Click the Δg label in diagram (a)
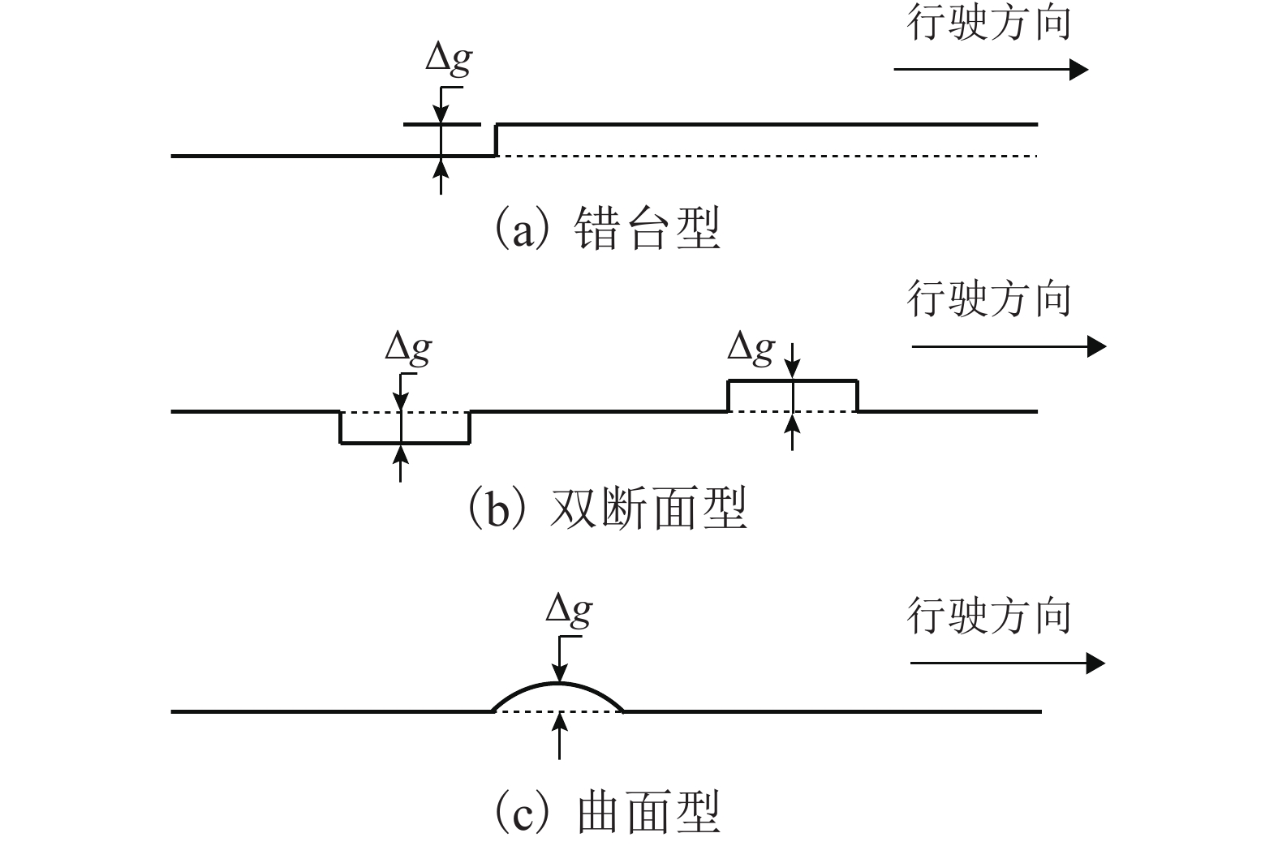[449, 60]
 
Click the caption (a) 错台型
[607, 229]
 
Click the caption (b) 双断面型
[607, 508]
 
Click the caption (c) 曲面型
[607, 812]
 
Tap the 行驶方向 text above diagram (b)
[988, 299]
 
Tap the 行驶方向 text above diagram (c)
[988, 616]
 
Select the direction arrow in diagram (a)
[990, 70]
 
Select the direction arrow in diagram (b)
[1008, 347]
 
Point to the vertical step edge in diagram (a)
[496, 140]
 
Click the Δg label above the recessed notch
[408, 349]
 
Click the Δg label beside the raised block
[751, 348]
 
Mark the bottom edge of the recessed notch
[404, 443]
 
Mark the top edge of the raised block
[792, 380]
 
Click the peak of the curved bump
[559, 684]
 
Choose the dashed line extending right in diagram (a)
[767, 155]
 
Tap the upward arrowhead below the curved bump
[559, 720]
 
